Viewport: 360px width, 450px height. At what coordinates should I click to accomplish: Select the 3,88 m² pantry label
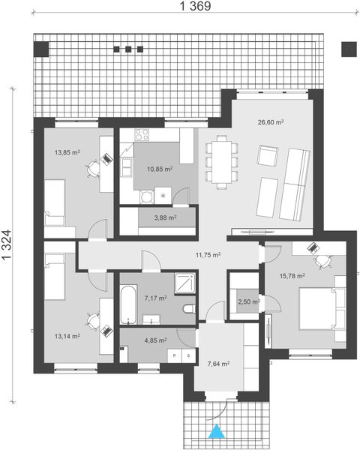(x=165, y=218)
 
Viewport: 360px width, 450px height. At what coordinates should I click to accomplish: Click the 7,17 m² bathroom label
(x=154, y=298)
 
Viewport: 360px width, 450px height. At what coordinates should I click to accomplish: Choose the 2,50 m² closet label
(x=248, y=302)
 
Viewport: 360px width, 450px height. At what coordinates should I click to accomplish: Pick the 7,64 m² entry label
(x=217, y=364)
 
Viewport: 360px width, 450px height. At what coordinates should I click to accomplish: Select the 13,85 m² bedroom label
(x=67, y=152)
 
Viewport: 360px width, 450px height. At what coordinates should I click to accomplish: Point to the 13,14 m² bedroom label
(x=66, y=335)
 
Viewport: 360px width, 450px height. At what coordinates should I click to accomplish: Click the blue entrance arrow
(x=217, y=431)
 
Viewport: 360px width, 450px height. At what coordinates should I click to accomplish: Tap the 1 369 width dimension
(x=194, y=7)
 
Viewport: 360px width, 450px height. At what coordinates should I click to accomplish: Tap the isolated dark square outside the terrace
(x=349, y=49)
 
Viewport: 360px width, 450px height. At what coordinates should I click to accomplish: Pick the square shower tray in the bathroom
(x=182, y=283)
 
